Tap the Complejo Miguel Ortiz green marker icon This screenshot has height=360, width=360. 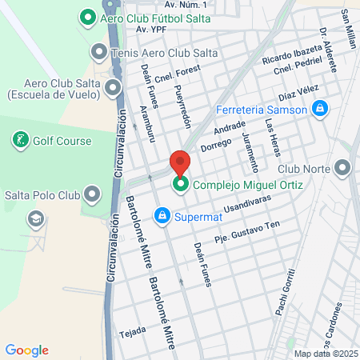[x=181, y=186]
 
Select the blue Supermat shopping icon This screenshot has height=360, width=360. [x=162, y=215]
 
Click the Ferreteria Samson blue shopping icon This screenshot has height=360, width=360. [x=320, y=107]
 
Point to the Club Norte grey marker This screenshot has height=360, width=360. [x=343, y=168]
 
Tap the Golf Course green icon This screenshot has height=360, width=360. [x=20, y=141]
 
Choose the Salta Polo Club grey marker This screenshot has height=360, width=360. [x=93, y=194]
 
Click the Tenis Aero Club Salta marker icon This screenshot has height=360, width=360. [x=99, y=53]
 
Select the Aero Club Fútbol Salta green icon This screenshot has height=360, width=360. [x=87, y=16]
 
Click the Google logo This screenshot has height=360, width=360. [x=26, y=350]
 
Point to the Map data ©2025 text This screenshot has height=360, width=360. [x=324, y=353]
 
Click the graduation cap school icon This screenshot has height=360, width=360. [x=36, y=218]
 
